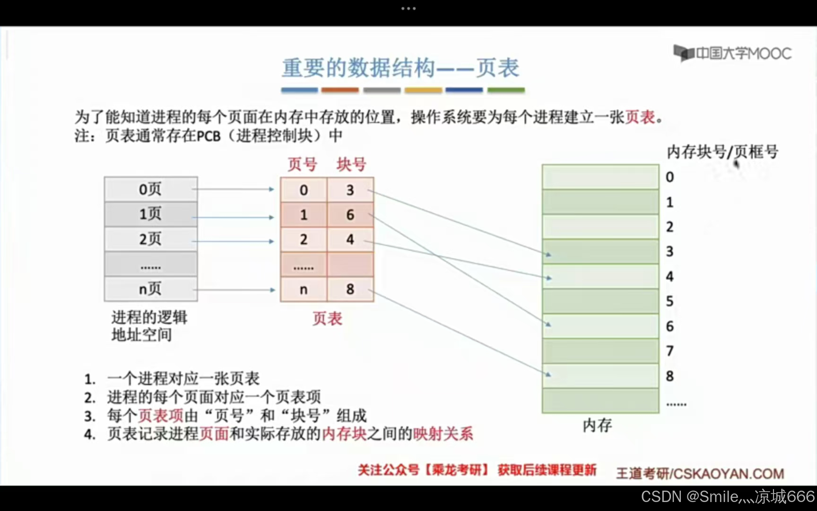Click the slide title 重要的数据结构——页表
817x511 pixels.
(400, 68)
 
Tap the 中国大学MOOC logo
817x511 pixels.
(732, 53)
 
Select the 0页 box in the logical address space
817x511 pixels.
(150, 189)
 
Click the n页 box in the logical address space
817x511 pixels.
(150, 289)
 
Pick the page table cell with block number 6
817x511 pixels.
(350, 215)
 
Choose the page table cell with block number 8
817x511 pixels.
(350, 289)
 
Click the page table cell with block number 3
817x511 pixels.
(350, 190)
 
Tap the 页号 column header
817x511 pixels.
(303, 164)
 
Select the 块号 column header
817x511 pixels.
(351, 164)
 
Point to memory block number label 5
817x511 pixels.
(669, 301)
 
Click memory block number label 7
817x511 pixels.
(669, 351)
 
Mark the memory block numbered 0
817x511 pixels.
(600, 177)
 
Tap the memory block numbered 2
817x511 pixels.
(600, 227)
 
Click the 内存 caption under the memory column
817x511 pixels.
(597, 425)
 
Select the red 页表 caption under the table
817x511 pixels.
(327, 318)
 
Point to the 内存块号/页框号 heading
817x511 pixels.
(722, 152)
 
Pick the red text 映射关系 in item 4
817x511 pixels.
(443, 433)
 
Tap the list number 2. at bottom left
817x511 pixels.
(90, 398)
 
